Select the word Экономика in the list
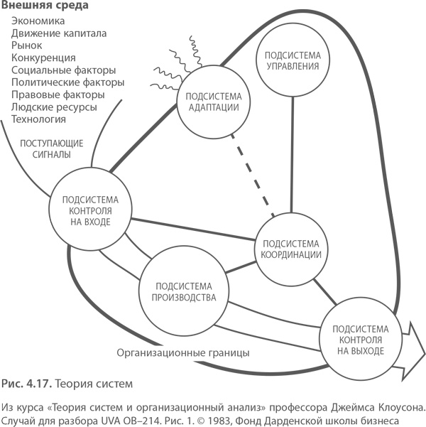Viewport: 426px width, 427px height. point(38,21)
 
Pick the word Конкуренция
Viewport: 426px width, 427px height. point(43,58)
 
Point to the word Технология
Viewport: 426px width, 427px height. point(40,118)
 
